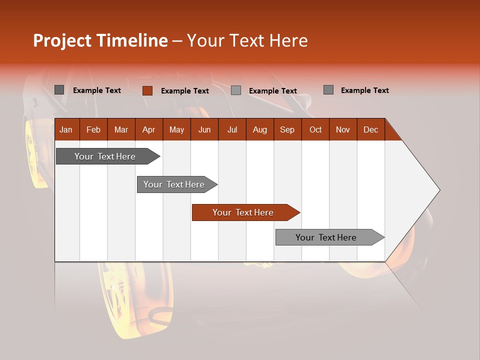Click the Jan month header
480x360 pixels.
point(66,129)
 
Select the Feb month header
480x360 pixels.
point(93,129)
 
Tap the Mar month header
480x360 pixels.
point(121,129)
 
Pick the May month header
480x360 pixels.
point(176,129)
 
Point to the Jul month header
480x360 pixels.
point(232,129)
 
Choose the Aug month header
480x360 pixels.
point(260,129)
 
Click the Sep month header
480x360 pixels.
point(287,129)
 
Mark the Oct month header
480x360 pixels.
point(315,129)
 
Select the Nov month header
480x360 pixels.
point(343,129)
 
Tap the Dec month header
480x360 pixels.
point(370,129)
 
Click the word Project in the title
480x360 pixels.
point(62,40)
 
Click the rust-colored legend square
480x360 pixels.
point(147,90)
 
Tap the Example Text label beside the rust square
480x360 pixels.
point(185,91)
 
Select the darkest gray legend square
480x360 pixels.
point(59,90)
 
